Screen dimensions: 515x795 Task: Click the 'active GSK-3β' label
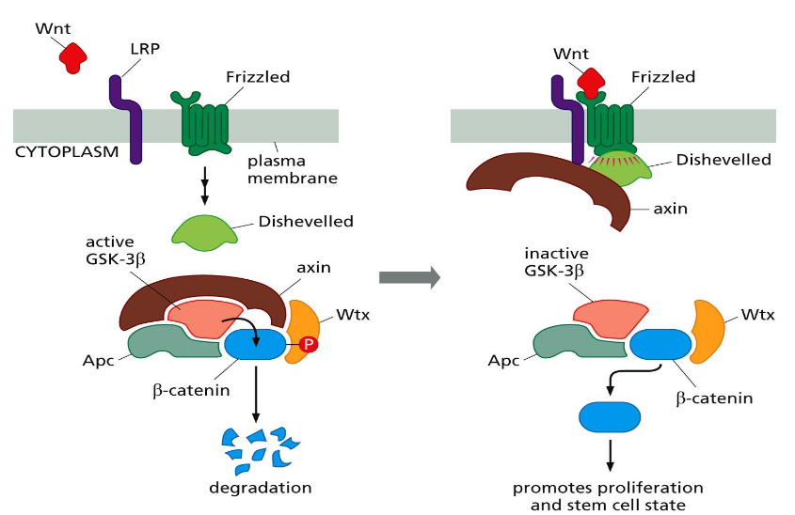[x=112, y=253]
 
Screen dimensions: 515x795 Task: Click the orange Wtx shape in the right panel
[x=708, y=331]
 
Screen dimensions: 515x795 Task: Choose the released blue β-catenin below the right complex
[x=609, y=414]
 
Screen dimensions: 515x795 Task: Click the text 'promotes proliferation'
[x=608, y=487]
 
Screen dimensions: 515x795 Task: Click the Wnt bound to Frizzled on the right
[x=591, y=82]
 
